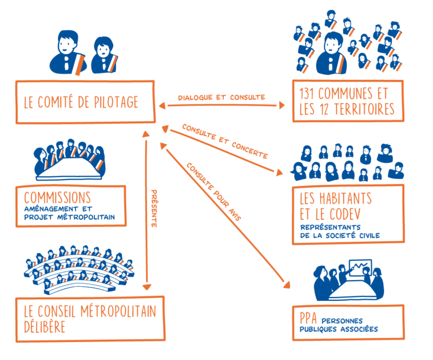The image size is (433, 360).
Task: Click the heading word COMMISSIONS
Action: click(x=58, y=198)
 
